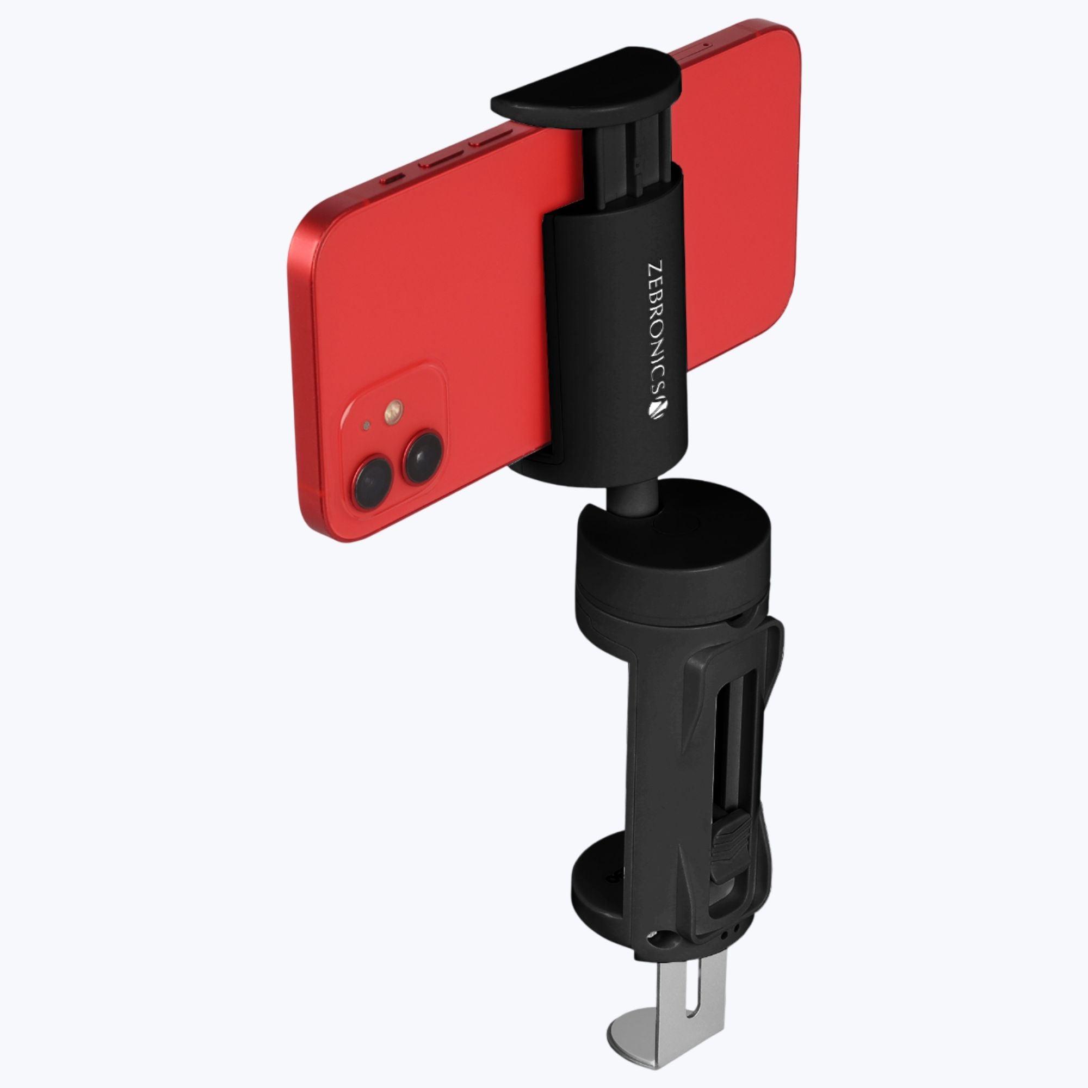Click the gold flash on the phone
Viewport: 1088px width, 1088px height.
coord(394,413)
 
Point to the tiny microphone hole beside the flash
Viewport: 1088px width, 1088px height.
coord(367,425)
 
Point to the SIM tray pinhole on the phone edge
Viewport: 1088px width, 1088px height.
coord(705,46)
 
